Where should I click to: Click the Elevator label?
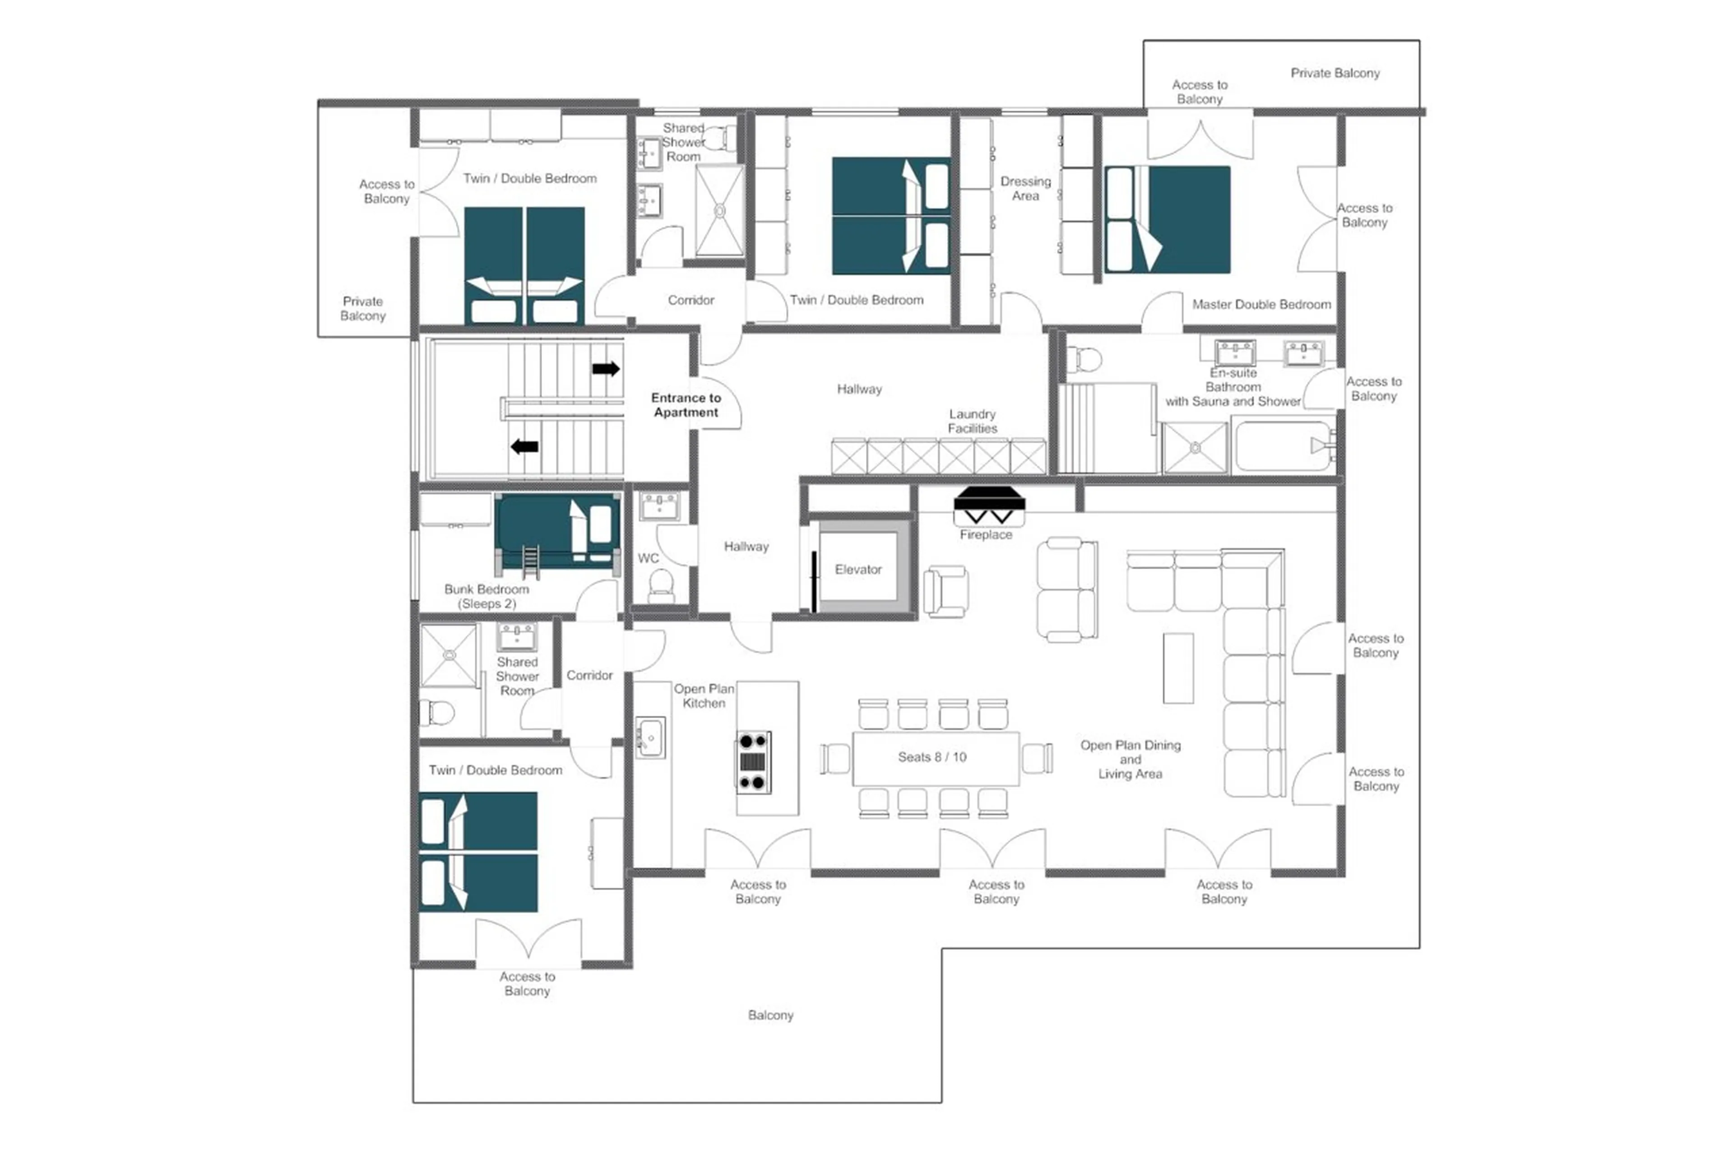point(857,570)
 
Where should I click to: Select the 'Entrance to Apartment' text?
point(685,405)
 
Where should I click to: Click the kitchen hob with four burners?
point(753,762)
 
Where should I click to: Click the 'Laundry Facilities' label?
point(972,422)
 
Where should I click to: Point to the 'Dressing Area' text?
point(1024,189)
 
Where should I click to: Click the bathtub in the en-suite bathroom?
point(1284,445)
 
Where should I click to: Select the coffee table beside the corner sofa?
point(1178,668)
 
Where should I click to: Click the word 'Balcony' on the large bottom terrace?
point(770,1015)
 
